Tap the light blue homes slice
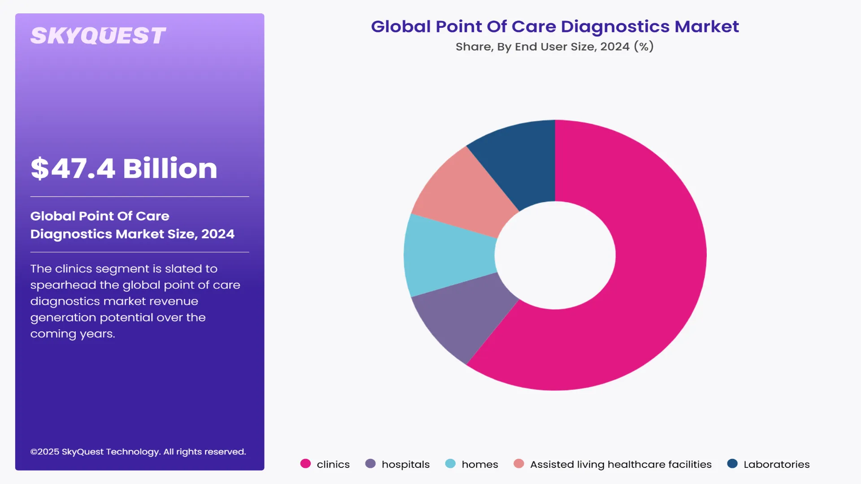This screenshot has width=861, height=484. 448,255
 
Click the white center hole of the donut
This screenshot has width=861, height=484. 555,255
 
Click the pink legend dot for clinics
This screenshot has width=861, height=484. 305,464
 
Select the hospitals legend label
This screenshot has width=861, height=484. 405,464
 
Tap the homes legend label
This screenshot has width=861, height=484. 480,464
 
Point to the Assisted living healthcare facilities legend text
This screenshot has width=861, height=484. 621,464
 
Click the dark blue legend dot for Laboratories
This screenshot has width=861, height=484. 732,464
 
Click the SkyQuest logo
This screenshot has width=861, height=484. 98,36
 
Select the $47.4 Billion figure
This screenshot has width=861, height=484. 124,169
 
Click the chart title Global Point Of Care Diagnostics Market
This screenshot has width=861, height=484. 555,26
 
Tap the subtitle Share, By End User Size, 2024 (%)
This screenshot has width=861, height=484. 555,47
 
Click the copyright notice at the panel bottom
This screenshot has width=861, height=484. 138,452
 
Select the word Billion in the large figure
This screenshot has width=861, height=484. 170,169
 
